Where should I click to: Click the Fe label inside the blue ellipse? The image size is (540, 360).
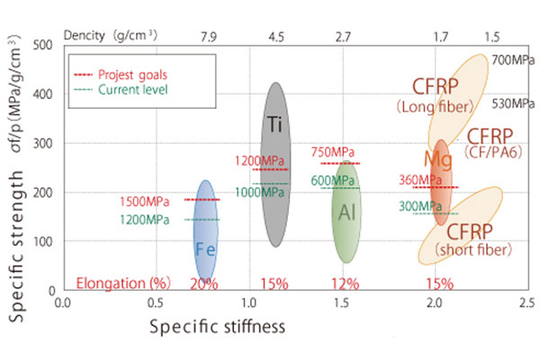(x=204, y=250)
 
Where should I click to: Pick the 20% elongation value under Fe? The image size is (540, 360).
(x=204, y=283)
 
